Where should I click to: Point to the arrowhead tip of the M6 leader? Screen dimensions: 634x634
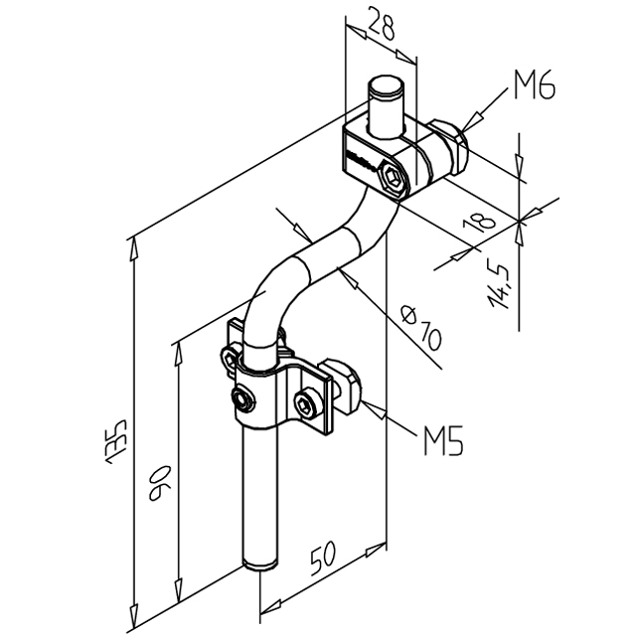[464, 125]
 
